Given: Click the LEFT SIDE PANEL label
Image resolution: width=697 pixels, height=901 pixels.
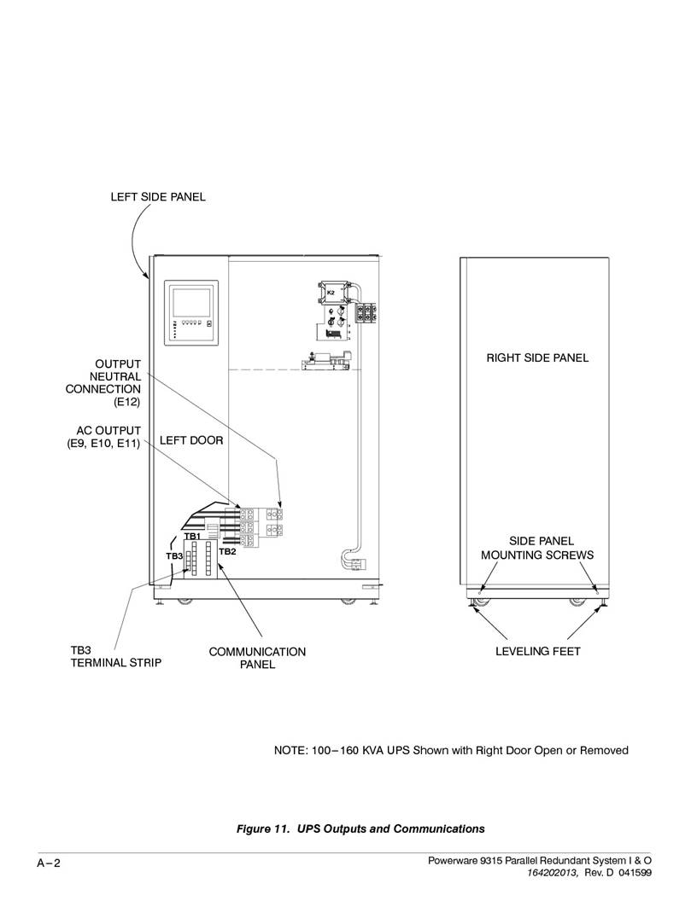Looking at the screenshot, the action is (x=157, y=196).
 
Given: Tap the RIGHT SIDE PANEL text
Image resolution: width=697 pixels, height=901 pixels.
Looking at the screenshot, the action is (x=537, y=357).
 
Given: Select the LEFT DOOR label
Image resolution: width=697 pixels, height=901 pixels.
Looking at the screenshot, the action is (x=191, y=440).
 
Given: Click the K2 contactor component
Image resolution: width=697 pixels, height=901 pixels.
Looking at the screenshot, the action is (x=333, y=293).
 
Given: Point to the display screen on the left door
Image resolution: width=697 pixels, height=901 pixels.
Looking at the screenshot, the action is (x=191, y=303).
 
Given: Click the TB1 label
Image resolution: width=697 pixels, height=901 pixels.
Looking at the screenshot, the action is (x=192, y=536).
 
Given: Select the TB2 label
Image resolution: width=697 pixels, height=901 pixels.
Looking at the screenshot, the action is (x=227, y=552).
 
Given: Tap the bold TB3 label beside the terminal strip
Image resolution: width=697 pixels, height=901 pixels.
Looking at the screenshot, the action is (x=174, y=556).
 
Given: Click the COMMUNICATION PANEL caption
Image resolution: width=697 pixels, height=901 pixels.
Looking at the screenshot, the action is (x=257, y=658).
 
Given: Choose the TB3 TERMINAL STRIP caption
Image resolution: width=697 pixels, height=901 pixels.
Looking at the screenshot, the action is (x=115, y=656).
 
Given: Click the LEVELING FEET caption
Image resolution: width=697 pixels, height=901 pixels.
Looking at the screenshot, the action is (x=538, y=651).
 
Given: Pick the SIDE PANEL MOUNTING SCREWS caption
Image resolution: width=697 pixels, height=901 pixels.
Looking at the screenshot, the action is (x=537, y=548).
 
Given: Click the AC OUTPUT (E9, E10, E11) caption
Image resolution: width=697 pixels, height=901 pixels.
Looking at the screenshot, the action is (x=104, y=437).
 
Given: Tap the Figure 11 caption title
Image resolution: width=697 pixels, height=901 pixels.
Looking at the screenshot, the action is (x=360, y=828).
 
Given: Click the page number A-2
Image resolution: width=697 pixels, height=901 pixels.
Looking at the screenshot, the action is (x=49, y=863).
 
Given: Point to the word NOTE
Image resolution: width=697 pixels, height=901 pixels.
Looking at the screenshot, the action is (x=290, y=750).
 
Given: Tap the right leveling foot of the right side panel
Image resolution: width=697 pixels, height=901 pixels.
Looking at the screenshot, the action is (x=603, y=604).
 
